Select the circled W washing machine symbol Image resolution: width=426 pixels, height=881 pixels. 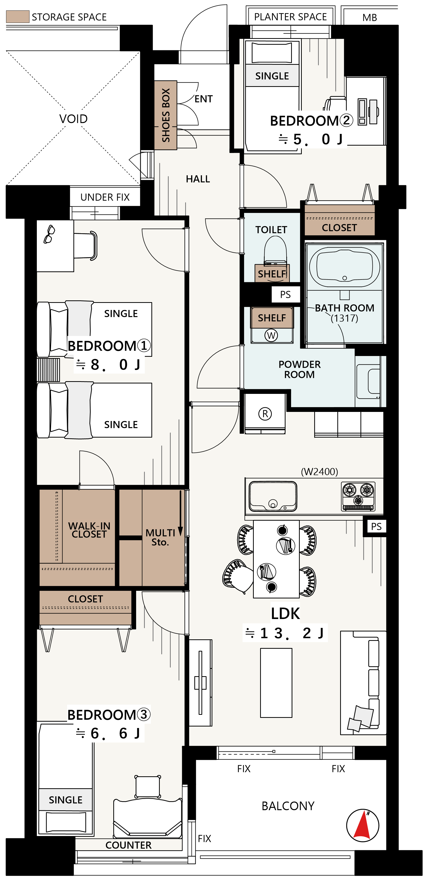point(271,335)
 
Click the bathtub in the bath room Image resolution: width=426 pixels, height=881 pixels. point(345,267)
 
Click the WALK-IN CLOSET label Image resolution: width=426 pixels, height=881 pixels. point(89,530)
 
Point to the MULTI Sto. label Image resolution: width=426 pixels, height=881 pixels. point(160,537)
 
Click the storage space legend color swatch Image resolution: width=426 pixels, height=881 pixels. point(18,17)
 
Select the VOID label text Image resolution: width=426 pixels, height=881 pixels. point(73,119)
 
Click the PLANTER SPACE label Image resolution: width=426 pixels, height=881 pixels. point(290,17)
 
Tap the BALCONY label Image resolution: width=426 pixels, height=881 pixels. point(288,806)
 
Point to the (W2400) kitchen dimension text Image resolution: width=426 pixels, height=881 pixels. point(319,472)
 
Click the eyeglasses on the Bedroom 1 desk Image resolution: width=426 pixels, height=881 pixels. point(49,234)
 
